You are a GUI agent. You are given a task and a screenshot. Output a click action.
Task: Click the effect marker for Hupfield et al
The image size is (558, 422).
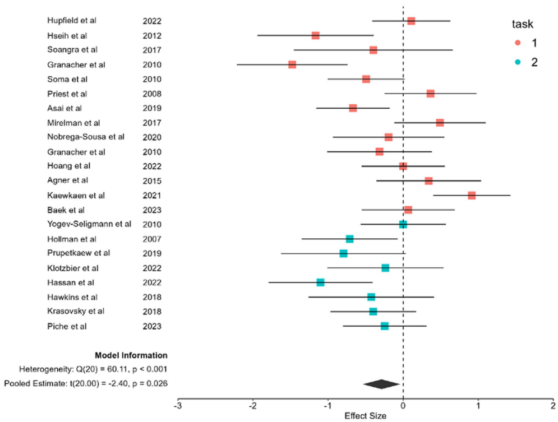411,21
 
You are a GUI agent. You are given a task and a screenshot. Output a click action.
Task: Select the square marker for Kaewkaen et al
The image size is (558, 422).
472,195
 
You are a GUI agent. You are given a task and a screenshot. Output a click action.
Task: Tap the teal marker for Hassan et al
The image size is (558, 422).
320,282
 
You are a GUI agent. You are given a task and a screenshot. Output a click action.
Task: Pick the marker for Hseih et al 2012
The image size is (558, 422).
316,36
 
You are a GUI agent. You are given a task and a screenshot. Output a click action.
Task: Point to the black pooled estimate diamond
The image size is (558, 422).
381,384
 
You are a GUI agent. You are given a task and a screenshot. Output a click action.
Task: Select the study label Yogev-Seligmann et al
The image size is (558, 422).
89,224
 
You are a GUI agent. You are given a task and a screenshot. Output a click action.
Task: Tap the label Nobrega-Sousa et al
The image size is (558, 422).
85,137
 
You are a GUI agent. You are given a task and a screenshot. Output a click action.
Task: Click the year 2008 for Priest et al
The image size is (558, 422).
152,94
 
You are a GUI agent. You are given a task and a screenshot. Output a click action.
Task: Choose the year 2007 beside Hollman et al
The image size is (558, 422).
152,239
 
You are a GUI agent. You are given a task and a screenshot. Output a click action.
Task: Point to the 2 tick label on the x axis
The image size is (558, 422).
553,406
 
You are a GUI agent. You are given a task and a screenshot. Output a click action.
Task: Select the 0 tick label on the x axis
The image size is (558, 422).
403,406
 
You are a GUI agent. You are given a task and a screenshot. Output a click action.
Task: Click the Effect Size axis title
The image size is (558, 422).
365,416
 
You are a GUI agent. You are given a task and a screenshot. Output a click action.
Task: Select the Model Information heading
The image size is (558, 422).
131,355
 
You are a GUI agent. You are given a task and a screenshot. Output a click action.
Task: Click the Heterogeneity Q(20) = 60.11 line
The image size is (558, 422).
93,369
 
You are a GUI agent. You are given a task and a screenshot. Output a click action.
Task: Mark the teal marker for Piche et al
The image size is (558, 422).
385,326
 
